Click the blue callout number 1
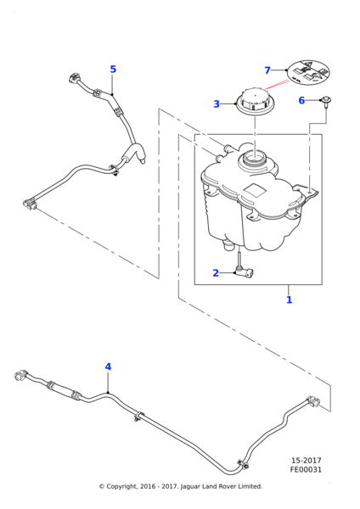(289, 299)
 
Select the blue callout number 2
(217, 273)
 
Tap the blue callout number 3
(217, 104)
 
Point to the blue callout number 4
(108, 366)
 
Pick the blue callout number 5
(113, 70)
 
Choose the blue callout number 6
(301, 100)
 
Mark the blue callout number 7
(267, 70)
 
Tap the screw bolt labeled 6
(326, 103)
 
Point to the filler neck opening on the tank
(255, 157)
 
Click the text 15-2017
(306, 461)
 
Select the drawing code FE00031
(306, 470)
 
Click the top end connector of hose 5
(72, 81)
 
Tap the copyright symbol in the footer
(101, 486)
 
